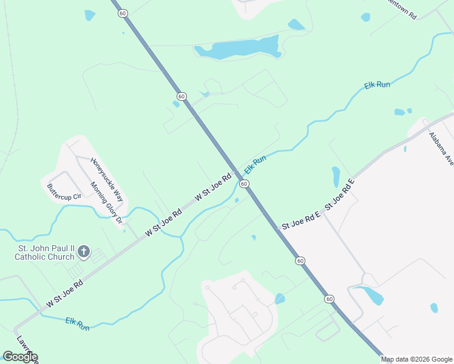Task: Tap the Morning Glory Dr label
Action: (x=106, y=202)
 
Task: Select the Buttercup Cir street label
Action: (x=64, y=192)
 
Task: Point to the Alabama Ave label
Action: (x=441, y=149)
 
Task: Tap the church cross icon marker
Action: (x=84, y=251)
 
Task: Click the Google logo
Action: (x=19, y=357)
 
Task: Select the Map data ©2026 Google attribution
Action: (x=416, y=359)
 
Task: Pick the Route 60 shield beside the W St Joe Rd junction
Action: (x=243, y=183)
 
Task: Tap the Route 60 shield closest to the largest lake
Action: (x=181, y=96)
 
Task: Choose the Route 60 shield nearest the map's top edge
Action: (x=123, y=13)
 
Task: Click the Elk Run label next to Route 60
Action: (x=255, y=164)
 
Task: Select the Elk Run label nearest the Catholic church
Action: (x=77, y=323)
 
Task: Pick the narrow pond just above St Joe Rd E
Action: (x=336, y=177)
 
